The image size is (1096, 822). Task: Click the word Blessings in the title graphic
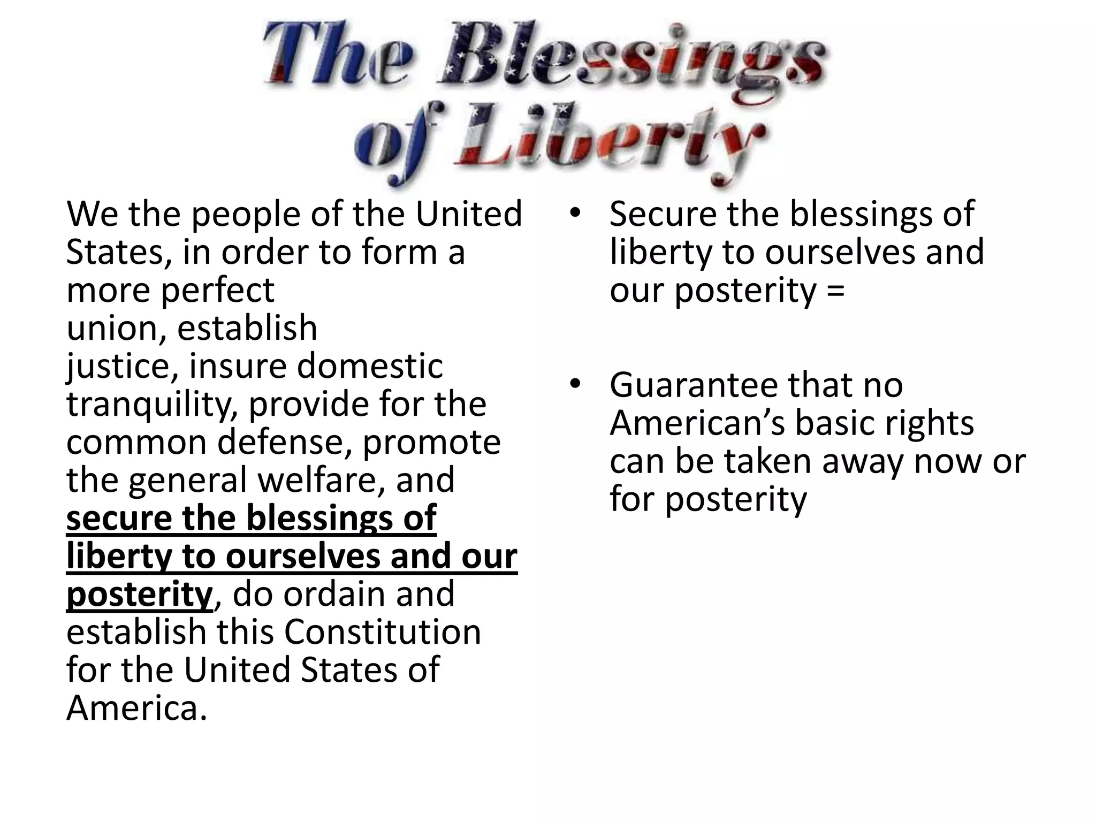pyautogui.click(x=631, y=59)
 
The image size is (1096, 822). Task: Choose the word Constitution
pyautogui.click(x=382, y=633)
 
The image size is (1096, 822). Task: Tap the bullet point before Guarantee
pyautogui.click(x=575, y=385)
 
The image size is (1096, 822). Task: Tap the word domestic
pyautogui.click(x=370, y=367)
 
